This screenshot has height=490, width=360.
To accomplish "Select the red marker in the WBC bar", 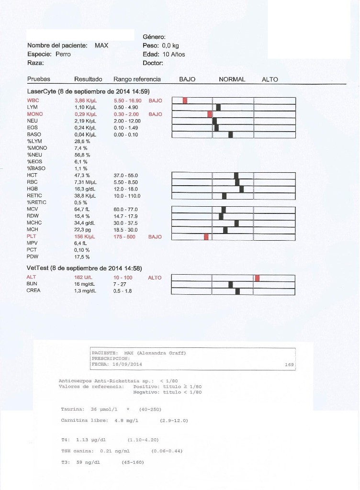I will [185, 100].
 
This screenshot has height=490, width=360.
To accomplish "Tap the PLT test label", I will [32, 236].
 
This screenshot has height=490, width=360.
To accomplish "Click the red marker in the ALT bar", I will [257, 278].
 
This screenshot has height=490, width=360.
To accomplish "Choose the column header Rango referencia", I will [137, 79].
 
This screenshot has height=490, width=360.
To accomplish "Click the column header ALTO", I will [270, 79].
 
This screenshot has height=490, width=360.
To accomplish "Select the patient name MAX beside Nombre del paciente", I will [101, 45].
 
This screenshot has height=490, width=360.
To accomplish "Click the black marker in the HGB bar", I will [241, 189].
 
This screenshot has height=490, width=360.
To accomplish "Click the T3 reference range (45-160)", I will [133, 462].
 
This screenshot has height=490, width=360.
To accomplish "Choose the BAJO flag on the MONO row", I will [156, 114].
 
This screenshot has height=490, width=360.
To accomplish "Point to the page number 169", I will [289, 365].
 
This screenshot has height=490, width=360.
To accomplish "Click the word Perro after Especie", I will [63, 54].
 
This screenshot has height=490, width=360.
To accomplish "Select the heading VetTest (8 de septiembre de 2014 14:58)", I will [84, 268].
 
